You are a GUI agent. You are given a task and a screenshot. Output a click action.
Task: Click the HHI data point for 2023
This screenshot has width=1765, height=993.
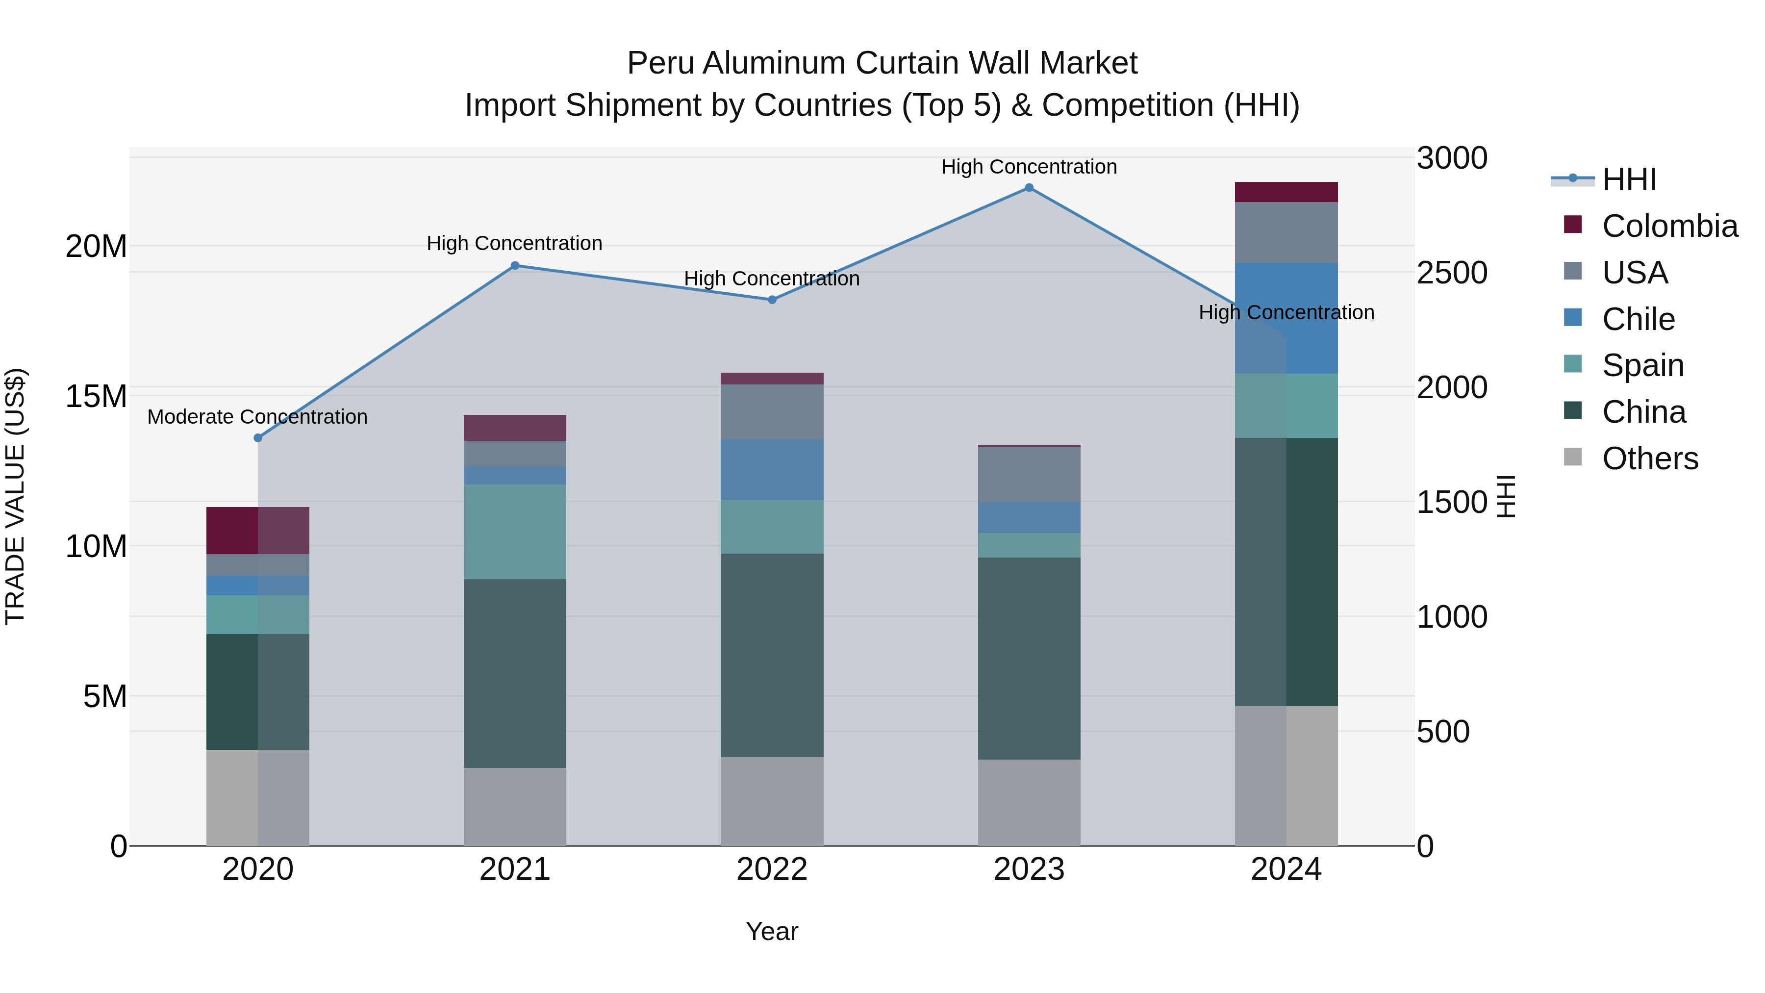[1029, 188]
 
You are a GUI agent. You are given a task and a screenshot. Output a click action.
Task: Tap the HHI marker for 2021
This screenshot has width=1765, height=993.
[515, 266]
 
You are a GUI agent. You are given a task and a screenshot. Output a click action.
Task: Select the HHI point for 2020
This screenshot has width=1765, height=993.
[257, 438]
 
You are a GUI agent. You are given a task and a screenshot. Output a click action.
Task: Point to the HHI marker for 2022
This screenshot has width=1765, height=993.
[772, 300]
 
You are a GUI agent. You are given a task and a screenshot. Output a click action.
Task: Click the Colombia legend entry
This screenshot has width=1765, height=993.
[1669, 226]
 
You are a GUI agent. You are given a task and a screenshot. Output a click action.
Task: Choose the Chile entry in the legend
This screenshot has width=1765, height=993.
[1638, 319]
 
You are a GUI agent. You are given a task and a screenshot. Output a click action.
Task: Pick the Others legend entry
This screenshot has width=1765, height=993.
[1650, 458]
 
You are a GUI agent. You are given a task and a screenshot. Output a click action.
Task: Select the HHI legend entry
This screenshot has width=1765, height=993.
[1629, 179]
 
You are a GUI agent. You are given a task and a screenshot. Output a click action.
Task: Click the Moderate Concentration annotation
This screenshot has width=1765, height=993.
[257, 417]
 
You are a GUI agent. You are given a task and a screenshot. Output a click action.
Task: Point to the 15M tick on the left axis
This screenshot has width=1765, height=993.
[96, 396]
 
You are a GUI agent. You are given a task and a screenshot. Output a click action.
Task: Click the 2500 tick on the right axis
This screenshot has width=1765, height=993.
[1452, 273]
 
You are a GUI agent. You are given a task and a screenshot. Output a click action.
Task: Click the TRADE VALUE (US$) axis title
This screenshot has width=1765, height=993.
[15, 496]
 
